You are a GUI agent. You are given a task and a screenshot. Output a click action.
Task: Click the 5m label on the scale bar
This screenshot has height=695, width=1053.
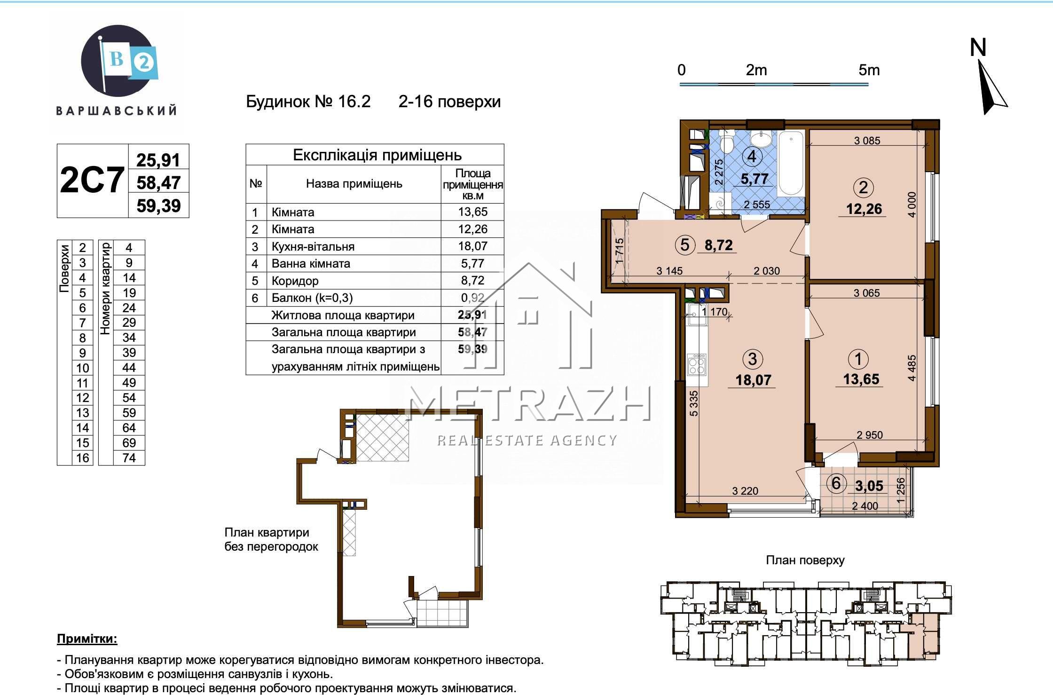click(869, 71)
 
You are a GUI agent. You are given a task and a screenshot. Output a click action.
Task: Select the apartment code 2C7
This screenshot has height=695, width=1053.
click(92, 180)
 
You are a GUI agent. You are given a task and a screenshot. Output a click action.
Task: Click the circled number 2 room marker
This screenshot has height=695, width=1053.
click(864, 188)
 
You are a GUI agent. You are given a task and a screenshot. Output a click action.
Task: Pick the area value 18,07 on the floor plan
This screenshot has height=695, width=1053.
click(754, 380)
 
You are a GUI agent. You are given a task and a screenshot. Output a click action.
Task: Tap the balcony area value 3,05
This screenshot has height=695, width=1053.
click(869, 486)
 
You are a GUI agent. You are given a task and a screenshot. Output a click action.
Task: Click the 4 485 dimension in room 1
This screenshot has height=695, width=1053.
click(912, 368)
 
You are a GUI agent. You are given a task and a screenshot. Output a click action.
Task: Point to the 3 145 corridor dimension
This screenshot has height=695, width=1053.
click(669, 271)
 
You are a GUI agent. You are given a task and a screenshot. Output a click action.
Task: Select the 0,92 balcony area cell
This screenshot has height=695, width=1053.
click(472, 298)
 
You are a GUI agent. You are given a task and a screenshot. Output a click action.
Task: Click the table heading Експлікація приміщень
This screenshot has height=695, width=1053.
click(377, 155)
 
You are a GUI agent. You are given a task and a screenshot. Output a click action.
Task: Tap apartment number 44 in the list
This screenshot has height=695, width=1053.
click(129, 368)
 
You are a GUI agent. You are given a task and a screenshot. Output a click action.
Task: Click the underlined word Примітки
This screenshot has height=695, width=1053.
click(87, 639)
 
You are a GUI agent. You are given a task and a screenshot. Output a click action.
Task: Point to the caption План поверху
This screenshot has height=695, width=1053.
click(805, 560)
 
